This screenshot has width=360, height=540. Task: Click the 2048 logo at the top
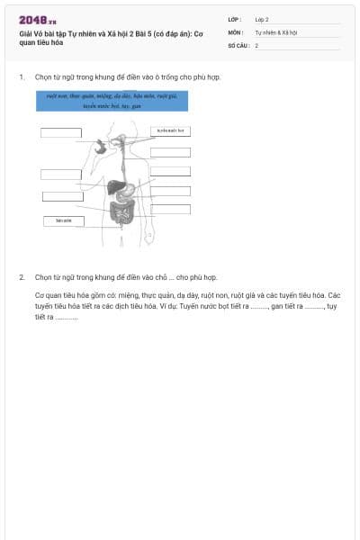point(37,19)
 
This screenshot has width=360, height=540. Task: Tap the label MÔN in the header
point(234,31)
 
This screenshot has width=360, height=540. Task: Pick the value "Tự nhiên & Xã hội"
point(275,31)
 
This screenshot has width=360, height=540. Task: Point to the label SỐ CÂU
point(237,44)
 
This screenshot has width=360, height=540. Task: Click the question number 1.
point(22,77)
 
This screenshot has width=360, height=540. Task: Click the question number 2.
point(22,277)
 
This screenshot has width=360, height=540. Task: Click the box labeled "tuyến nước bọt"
point(170,130)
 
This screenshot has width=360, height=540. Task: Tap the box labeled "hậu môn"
point(63,220)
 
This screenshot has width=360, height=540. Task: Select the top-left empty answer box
point(61,133)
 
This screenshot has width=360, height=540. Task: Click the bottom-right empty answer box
point(170,210)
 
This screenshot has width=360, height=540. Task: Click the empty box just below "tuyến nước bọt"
point(170,152)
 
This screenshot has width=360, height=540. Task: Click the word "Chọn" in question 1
point(43,77)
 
